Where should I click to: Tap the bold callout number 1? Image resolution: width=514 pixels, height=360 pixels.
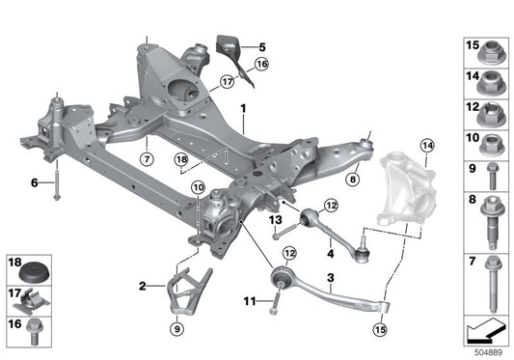point(244,109)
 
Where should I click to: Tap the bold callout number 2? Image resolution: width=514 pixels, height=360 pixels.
point(143,286)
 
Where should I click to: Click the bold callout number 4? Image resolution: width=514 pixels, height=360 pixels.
point(330,255)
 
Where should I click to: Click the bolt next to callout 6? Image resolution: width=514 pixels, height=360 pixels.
point(56,185)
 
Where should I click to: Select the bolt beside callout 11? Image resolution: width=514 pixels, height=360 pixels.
point(274,300)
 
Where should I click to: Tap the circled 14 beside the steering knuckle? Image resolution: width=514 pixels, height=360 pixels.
point(426,146)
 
